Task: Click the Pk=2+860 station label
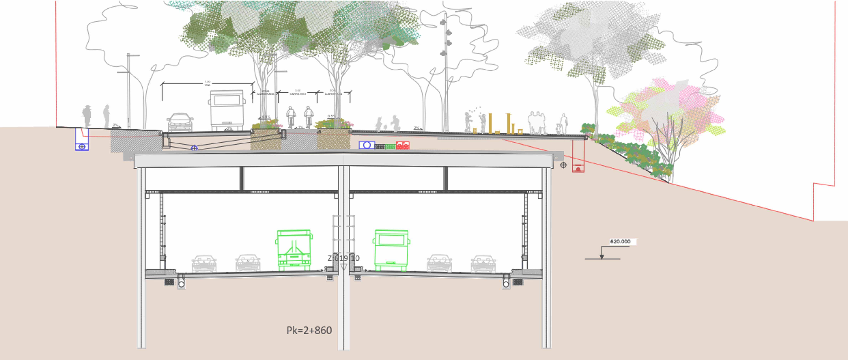tap(309, 330)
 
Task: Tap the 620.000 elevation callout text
tap(620, 241)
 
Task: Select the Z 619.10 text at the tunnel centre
tap(343, 258)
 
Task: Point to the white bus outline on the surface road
tap(227, 110)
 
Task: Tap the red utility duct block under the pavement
tap(403, 145)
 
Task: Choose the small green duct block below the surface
tap(390, 147)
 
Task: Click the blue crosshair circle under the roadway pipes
tap(194, 148)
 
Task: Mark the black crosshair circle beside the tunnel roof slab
tap(563, 165)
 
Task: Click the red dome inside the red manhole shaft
tap(578, 169)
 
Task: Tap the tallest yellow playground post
tap(490, 123)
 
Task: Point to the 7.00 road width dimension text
tap(207, 82)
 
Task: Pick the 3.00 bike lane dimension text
tap(298, 91)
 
